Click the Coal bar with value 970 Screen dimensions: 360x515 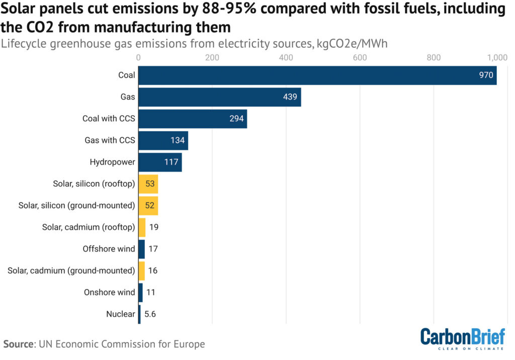pos(317,75)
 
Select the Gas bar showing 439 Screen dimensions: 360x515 pos(219,97)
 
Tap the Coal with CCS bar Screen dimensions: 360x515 pos(192,119)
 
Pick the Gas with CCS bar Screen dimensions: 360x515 pos(163,140)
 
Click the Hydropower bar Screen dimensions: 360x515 pos(160,162)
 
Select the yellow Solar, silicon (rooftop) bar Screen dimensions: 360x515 pos(148,184)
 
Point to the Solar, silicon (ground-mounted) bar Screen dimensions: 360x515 pos(148,206)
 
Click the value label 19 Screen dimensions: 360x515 pos(154,227)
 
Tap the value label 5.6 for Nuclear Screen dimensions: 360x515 pos(150,314)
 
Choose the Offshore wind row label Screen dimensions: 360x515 pos(109,249)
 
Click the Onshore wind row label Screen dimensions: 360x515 pos(109,292)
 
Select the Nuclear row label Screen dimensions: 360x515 pos(121,314)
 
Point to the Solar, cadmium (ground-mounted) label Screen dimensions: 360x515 pos(71,271)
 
